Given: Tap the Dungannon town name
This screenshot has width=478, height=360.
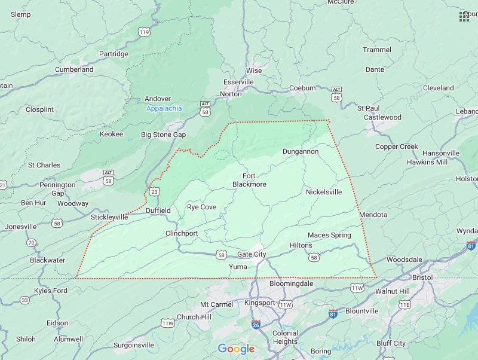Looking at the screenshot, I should click(301, 152).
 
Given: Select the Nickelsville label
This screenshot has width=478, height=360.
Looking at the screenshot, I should click(324, 193).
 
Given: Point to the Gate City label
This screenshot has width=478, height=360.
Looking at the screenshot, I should click(252, 255).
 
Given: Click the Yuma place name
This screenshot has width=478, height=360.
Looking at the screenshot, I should click(238, 267).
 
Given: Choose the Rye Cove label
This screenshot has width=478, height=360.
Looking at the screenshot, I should click(201, 207).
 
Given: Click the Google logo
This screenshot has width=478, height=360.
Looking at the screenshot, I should click(236, 349).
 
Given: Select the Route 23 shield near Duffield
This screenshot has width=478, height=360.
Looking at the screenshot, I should click(155, 191).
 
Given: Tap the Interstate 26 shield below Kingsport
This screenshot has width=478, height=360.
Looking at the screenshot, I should click(256, 325).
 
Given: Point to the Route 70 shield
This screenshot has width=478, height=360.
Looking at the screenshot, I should click(30, 243).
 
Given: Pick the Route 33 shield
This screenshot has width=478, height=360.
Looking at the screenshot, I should click(24, 300).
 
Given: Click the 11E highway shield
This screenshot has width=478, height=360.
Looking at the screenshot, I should click(405, 304).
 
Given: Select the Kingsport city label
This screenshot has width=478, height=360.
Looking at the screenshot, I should click(260, 303).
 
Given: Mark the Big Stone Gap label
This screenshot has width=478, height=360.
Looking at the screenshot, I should click(163, 135).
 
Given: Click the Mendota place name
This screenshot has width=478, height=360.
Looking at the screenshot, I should click(373, 215).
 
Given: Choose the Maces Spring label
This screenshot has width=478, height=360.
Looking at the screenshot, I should click(329, 236).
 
